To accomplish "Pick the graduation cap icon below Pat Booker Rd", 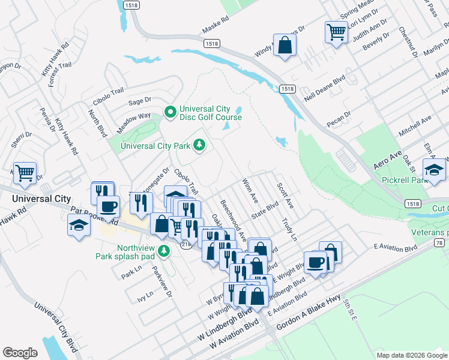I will [79, 226].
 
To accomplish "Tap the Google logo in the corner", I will [20, 353].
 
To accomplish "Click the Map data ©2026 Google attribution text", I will [411, 355].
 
